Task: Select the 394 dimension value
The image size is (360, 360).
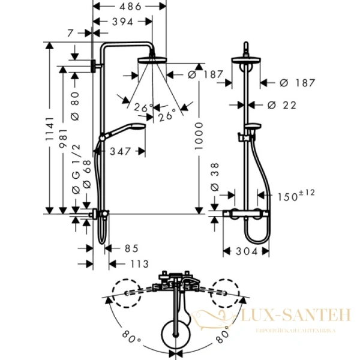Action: (123, 22)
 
